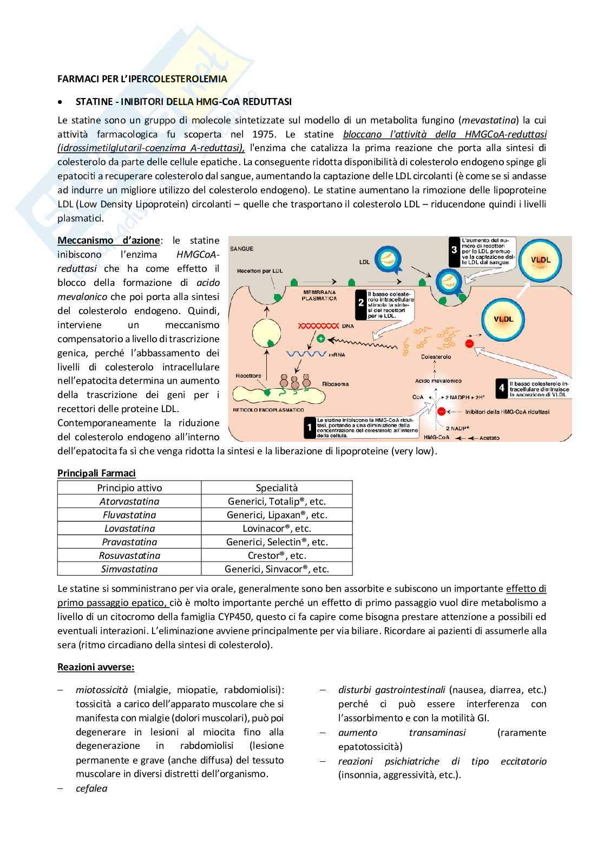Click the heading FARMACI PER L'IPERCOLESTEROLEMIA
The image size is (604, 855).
point(142,79)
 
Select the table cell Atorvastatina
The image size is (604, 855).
point(129,501)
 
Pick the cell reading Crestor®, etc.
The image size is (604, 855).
point(277,555)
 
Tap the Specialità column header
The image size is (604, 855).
point(277,487)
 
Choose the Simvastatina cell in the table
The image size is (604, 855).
point(129,569)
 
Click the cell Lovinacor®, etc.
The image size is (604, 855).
point(277,528)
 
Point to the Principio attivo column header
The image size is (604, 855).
point(129,487)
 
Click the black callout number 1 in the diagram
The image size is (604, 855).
point(309,428)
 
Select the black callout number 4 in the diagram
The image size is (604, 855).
point(502,388)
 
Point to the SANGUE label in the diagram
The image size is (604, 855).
point(242,249)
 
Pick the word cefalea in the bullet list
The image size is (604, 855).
point(91,788)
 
